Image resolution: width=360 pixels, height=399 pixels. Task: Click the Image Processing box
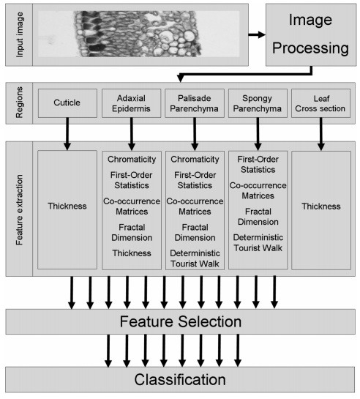tap(311, 35)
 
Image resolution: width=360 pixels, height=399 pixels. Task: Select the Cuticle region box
tap(67, 103)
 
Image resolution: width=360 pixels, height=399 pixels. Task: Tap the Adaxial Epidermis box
tap(132, 103)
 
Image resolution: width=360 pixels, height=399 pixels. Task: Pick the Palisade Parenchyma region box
tap(195, 103)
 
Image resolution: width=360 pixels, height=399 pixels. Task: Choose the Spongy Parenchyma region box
tap(258, 103)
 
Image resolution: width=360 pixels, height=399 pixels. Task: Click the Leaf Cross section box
tap(320, 103)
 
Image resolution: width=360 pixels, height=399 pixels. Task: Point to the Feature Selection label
tap(181, 321)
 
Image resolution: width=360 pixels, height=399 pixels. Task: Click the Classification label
tap(180, 379)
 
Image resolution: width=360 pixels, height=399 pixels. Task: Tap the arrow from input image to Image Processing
tap(257, 34)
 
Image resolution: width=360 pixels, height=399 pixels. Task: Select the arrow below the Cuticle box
tap(67, 134)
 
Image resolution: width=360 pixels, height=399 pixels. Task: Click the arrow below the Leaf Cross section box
tap(320, 134)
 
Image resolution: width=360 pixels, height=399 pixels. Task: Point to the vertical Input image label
tap(19, 35)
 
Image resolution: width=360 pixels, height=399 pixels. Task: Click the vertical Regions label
tap(19, 102)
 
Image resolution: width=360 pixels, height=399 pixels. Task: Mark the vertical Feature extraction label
tap(19, 209)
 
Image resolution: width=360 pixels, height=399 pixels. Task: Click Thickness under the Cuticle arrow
tap(67, 206)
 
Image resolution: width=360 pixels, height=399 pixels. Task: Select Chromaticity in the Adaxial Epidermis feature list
tap(132, 160)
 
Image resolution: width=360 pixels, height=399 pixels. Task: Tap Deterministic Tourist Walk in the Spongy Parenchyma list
tap(258, 242)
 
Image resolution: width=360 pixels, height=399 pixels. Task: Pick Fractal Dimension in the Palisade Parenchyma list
tap(195, 232)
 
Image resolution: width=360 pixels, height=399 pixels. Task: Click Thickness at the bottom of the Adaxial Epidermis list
tap(132, 253)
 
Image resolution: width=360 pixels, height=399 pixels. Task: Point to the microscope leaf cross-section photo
tap(139, 34)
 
